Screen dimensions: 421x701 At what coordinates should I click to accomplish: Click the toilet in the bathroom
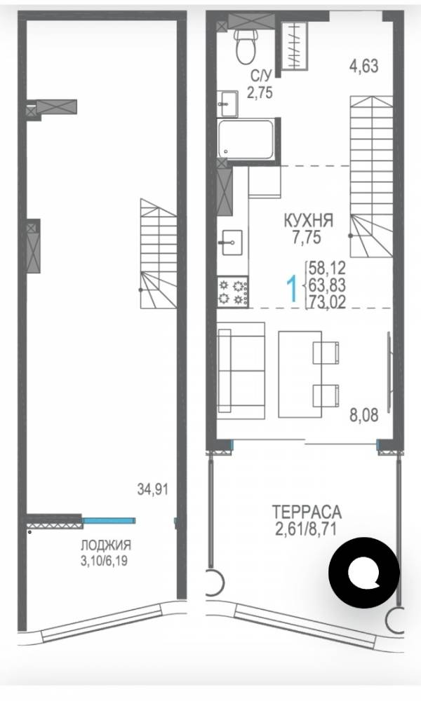click(245, 47)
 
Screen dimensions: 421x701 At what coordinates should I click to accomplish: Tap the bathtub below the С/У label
click(246, 139)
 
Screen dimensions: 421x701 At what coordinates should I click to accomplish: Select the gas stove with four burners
click(233, 292)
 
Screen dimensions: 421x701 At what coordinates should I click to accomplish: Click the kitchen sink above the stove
click(232, 243)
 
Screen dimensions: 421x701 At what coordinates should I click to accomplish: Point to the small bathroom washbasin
click(227, 104)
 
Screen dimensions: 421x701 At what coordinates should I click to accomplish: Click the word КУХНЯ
click(309, 220)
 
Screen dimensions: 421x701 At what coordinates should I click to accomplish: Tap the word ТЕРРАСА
click(307, 511)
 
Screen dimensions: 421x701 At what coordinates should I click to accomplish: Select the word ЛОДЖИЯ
click(106, 545)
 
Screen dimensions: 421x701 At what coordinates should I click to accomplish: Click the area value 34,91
click(152, 489)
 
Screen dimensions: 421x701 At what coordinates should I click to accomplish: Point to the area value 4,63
click(363, 66)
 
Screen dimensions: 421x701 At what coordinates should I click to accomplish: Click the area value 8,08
click(363, 415)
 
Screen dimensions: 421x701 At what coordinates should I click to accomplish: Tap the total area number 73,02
click(326, 303)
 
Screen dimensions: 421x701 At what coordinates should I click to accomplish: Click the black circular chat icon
click(364, 573)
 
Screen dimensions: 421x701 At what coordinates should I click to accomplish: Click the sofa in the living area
click(241, 371)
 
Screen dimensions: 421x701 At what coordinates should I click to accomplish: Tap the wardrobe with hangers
click(295, 46)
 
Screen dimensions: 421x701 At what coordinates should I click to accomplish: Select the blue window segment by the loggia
click(109, 520)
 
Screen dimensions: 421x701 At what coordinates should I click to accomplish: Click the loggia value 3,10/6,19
click(105, 560)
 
